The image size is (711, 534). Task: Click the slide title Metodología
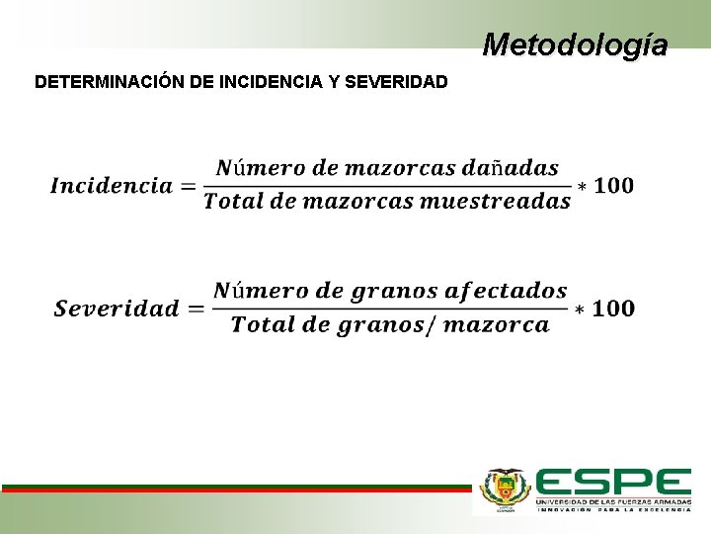click(x=575, y=44)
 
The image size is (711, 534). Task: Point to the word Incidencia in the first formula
click(x=112, y=186)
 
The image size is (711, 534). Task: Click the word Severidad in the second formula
click(x=117, y=309)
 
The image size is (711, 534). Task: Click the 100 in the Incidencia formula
click(x=614, y=186)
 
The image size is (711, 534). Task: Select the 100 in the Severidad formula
click(x=614, y=309)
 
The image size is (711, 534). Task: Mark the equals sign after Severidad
click(x=196, y=309)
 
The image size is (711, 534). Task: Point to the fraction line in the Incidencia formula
click(x=387, y=185)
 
